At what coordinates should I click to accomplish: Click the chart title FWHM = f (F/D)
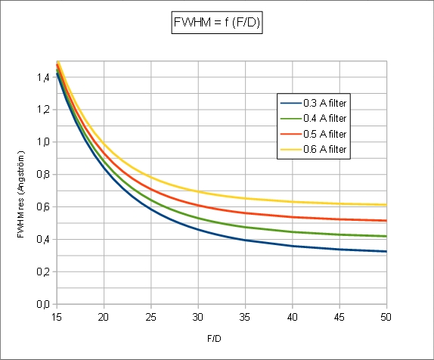click(217, 22)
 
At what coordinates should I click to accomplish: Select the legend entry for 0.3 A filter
click(313, 104)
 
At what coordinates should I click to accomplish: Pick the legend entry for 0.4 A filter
click(313, 119)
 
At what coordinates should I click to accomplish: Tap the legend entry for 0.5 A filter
click(313, 134)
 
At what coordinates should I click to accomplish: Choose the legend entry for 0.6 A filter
click(313, 149)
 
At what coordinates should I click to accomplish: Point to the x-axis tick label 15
click(57, 317)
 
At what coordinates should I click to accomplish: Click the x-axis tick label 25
click(151, 317)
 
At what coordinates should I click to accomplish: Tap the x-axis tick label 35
click(245, 317)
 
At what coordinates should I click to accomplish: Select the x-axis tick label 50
click(386, 317)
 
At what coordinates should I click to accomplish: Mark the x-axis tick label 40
click(293, 317)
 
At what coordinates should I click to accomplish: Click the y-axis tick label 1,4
click(43, 77)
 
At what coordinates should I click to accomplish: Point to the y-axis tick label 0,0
click(43, 304)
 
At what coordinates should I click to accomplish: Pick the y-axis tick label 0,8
click(43, 175)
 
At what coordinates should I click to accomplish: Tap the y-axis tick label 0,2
click(43, 272)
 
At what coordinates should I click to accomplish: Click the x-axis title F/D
click(214, 339)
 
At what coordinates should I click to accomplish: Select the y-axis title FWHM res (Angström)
click(21, 194)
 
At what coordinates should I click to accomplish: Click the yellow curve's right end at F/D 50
click(386, 205)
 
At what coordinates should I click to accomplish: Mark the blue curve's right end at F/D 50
click(386, 251)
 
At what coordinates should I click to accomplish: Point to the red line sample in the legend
click(290, 134)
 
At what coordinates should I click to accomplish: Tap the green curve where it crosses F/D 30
click(198, 219)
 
